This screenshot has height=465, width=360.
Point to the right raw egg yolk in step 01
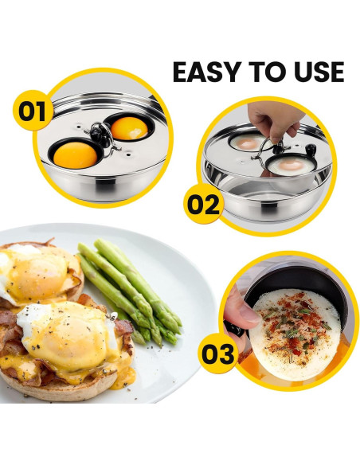pos(128,127)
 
